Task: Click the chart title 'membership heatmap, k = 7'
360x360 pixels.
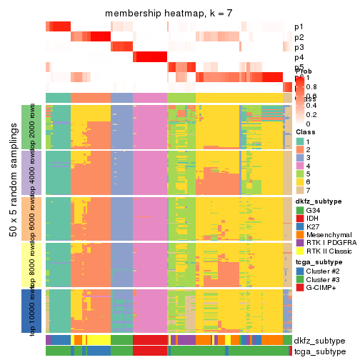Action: (169, 14)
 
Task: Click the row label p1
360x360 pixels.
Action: (299, 27)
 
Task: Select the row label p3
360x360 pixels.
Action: (299, 47)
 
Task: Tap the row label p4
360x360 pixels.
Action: (299, 57)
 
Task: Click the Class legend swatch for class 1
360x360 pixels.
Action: (299, 141)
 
